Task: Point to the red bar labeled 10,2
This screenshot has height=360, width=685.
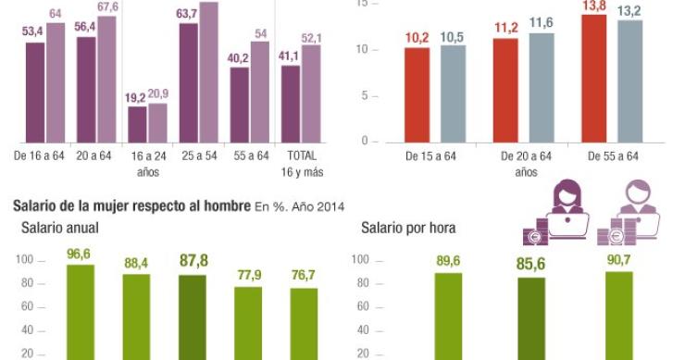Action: [417, 94]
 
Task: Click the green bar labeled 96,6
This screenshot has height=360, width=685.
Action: [81, 311]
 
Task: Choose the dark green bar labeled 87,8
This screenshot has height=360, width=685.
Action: [193, 317]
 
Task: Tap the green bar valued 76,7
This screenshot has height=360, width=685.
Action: [304, 323]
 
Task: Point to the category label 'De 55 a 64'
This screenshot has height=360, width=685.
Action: [613, 155]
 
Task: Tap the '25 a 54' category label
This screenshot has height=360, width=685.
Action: [200, 155]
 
